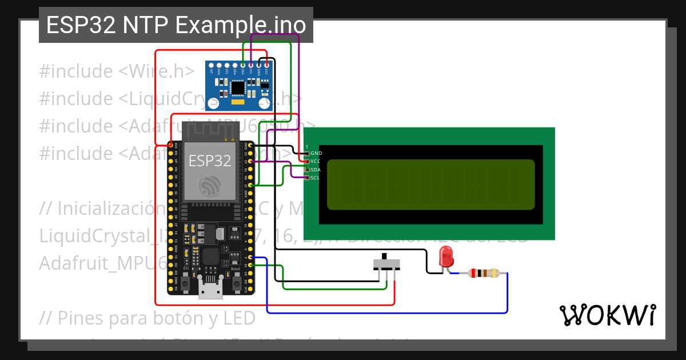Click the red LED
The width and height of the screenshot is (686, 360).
click(x=446, y=257)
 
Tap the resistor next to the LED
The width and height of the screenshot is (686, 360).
click(x=484, y=273)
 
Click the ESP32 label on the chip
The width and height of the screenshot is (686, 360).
click(x=210, y=161)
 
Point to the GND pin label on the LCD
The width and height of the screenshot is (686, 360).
click(x=316, y=153)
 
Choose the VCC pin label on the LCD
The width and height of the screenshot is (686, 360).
click(x=316, y=161)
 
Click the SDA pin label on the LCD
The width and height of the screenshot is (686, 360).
click(x=316, y=170)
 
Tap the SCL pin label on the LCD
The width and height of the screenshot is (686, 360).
click(x=316, y=178)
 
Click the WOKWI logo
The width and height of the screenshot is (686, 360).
click(x=607, y=315)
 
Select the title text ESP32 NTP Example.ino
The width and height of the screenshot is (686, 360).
click(x=176, y=26)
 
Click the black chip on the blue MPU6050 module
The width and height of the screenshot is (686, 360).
click(x=237, y=87)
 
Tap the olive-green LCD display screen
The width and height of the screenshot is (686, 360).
click(x=430, y=185)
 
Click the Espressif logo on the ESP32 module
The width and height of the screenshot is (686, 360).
click(x=210, y=186)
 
